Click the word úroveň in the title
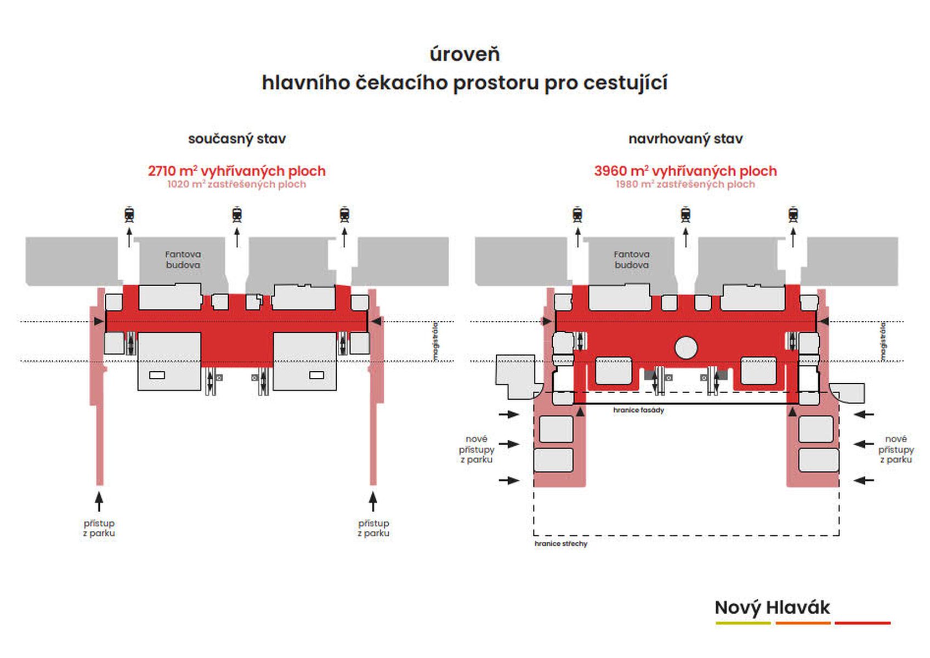point(464,54)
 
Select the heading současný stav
point(237,139)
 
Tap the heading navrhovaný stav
point(685,139)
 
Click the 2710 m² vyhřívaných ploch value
point(237,171)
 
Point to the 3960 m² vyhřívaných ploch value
point(685,171)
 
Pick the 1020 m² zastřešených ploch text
point(237,184)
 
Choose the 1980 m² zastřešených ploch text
point(685,184)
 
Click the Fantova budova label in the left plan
point(183,259)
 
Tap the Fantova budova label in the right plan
point(632,259)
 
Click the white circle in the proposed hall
point(686,347)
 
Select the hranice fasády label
point(638,410)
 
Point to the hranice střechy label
point(561,544)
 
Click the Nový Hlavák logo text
point(772,608)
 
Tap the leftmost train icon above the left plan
point(129,214)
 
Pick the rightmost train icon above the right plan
point(793,214)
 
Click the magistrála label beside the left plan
point(436,342)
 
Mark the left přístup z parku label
point(99,528)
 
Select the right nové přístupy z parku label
point(896,449)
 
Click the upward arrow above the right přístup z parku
point(373,501)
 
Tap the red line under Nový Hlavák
point(863,623)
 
